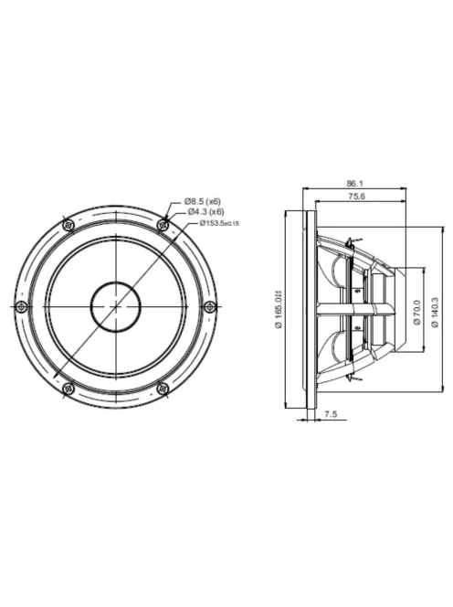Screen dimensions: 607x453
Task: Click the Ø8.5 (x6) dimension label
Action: click(x=203, y=200)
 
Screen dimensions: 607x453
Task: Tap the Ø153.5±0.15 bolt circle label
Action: click(x=219, y=223)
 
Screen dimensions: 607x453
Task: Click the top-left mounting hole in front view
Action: click(x=67, y=224)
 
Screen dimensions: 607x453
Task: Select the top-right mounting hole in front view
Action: click(x=163, y=224)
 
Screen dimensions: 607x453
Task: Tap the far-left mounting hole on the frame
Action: click(x=19, y=306)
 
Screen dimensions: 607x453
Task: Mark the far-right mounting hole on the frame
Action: click(x=210, y=306)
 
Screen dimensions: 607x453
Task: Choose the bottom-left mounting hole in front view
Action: click(x=67, y=389)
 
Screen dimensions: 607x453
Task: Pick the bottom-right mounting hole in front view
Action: click(x=163, y=389)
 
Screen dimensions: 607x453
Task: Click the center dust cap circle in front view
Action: click(x=115, y=306)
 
